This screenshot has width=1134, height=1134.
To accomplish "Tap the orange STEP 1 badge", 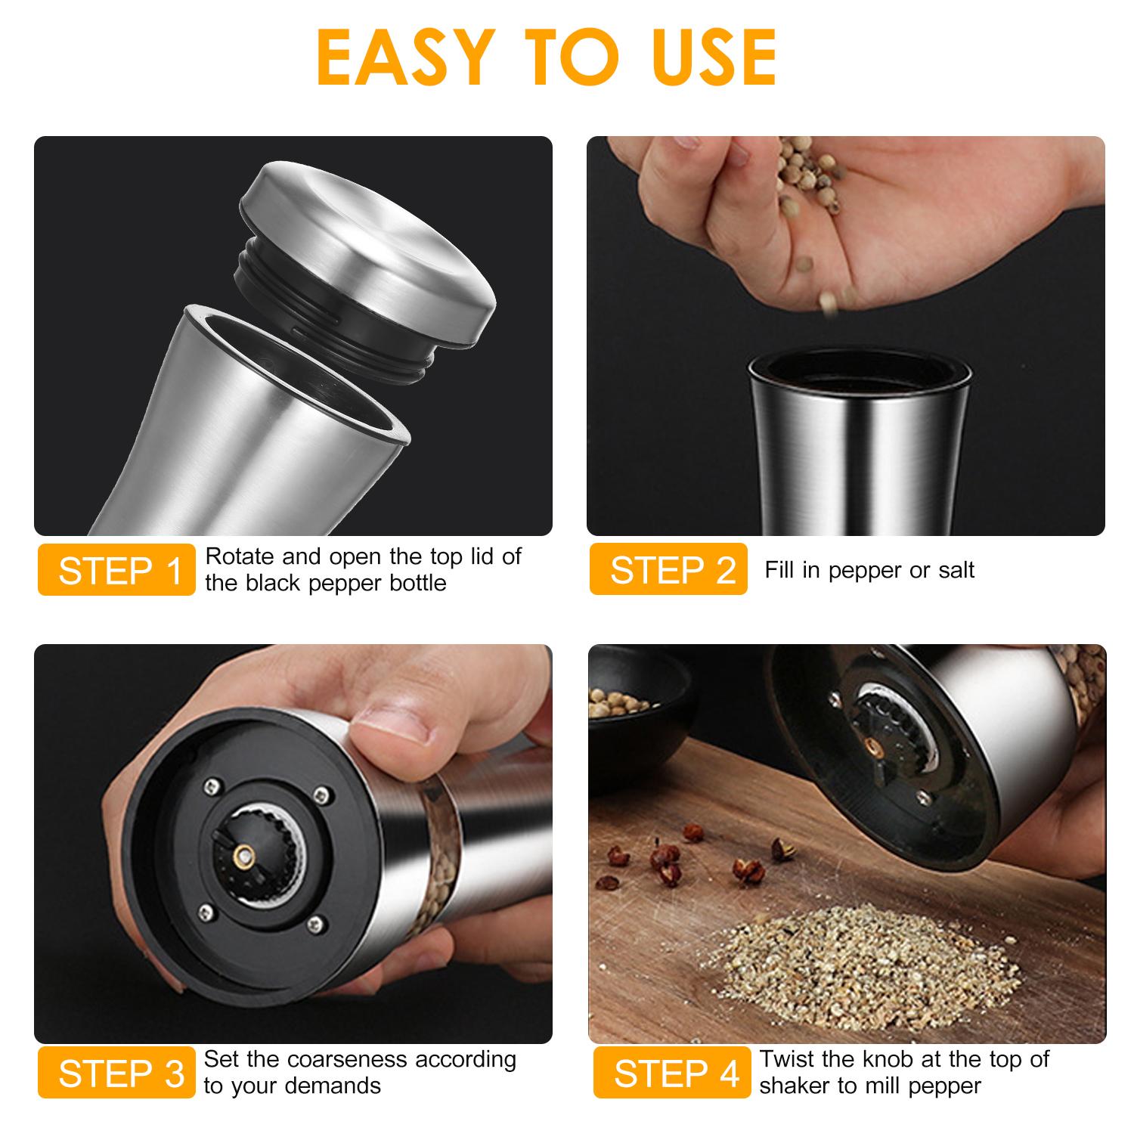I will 117,570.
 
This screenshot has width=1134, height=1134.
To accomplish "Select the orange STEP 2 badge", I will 669,570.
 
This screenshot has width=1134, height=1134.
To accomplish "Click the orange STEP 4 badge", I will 672,1073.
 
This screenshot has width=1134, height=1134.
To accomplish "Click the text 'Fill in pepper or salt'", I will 869,570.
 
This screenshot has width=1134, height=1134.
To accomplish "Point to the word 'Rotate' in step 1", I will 240,557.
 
